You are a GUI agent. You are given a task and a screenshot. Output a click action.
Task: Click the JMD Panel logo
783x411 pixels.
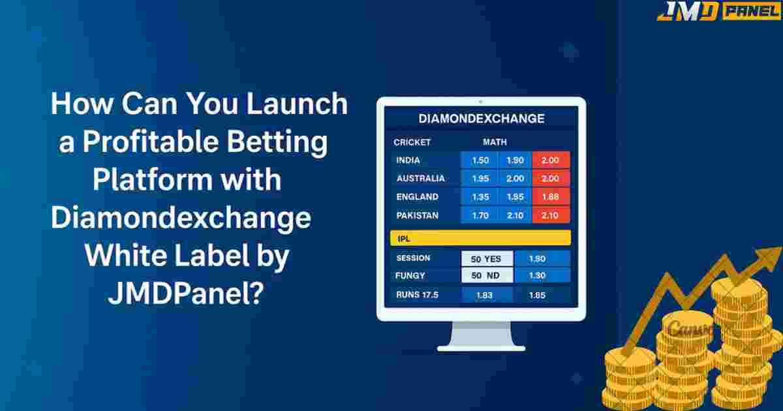click(x=719, y=10)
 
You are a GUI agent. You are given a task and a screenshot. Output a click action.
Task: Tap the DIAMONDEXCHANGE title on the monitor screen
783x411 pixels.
click(x=482, y=119)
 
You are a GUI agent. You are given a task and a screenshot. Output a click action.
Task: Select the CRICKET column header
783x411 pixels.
click(x=412, y=142)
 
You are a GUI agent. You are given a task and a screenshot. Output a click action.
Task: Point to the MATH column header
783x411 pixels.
click(x=495, y=142)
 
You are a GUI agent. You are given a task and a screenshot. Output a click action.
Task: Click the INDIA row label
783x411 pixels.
click(x=408, y=160)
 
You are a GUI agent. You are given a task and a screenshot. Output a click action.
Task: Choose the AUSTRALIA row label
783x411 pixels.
click(x=420, y=179)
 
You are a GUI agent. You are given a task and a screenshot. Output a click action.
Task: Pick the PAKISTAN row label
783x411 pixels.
click(x=418, y=215)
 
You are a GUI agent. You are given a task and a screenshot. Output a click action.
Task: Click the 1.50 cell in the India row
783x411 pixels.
click(x=480, y=160)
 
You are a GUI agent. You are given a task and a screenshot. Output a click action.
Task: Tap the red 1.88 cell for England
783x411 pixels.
click(x=551, y=197)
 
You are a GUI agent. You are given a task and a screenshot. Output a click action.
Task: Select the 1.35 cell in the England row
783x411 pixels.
click(x=480, y=197)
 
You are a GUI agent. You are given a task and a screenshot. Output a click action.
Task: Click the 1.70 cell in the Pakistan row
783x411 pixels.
click(x=480, y=215)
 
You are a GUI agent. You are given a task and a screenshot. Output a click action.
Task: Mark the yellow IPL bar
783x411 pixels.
click(x=481, y=238)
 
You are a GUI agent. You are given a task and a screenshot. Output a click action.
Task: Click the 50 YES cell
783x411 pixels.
click(x=487, y=259)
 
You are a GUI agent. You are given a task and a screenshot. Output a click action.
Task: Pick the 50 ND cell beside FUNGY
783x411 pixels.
click(x=487, y=275)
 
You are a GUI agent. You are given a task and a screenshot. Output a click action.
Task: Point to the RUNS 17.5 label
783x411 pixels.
click(x=417, y=295)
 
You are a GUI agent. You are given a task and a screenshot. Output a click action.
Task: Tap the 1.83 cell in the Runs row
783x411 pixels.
click(x=484, y=296)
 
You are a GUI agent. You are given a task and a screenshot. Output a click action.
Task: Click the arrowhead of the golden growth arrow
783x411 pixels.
click(x=769, y=258)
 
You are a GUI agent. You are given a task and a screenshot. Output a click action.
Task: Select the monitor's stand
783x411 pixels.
click(x=481, y=336)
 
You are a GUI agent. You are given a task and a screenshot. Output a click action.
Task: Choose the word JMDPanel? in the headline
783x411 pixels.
click(x=185, y=294)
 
